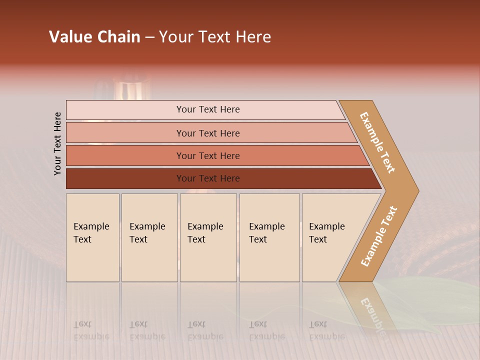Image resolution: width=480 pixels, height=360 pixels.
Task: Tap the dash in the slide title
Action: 149,37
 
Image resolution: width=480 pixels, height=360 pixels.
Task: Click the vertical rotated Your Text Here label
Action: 57,143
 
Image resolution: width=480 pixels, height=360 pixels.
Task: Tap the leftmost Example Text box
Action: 92,237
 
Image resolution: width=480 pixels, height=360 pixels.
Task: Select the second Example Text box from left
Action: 149,237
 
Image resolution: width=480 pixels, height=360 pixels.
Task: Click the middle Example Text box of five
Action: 208,237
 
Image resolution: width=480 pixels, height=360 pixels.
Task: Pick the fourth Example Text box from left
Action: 269,237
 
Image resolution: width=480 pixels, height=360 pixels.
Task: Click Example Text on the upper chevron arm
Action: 377,142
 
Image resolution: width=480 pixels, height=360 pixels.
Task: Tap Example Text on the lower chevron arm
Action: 379,236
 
